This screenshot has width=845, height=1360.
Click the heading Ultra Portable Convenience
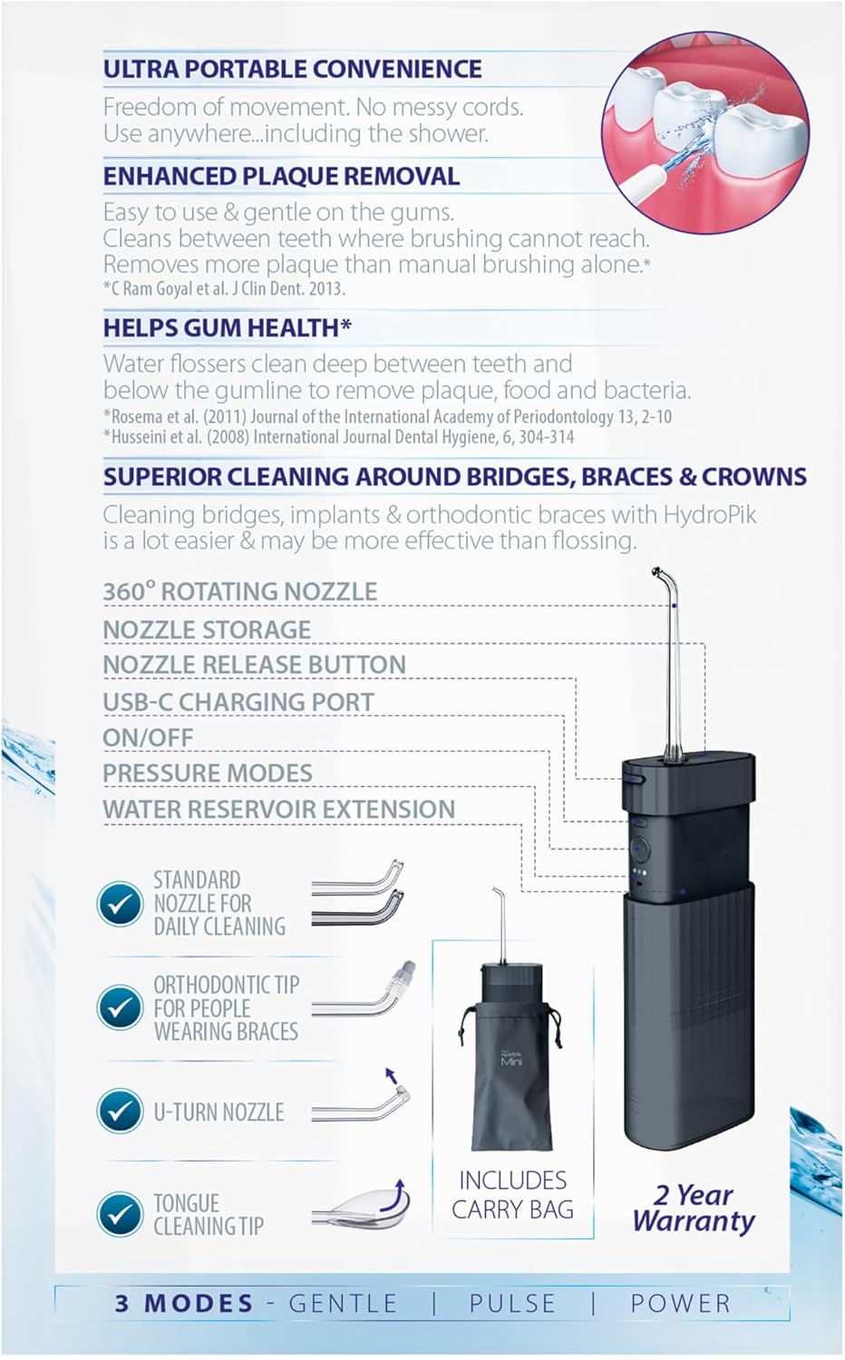tap(293, 69)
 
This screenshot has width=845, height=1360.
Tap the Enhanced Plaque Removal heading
tap(281, 176)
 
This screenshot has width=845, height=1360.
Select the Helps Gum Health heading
tap(227, 328)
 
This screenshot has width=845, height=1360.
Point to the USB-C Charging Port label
tap(238, 702)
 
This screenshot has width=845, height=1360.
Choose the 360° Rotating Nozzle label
tap(239, 591)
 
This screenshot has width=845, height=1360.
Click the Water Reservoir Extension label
tap(278, 810)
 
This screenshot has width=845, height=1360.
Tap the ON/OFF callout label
tap(148, 738)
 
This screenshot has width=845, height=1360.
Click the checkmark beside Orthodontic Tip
tap(120, 1007)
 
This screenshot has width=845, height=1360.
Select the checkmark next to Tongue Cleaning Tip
tap(120, 1214)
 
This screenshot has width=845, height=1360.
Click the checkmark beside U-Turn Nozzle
tap(120, 1111)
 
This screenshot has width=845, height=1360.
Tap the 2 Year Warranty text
tap(694, 1209)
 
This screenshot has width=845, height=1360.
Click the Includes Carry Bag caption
tap(513, 1195)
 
